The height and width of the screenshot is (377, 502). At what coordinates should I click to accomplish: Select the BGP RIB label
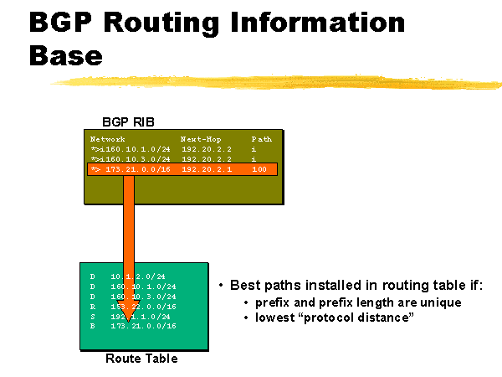tap(128, 121)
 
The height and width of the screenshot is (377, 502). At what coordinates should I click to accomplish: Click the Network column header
tap(108, 138)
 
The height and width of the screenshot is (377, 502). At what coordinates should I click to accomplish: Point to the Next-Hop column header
tap(199, 138)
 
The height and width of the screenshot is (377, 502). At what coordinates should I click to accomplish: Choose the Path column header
tap(262, 138)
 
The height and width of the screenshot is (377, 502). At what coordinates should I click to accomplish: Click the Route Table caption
tap(141, 359)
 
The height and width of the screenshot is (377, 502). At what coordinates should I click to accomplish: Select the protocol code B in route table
tap(93, 326)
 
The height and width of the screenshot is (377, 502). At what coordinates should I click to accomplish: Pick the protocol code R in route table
tap(93, 306)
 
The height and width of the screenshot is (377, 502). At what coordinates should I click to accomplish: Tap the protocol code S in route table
tap(93, 316)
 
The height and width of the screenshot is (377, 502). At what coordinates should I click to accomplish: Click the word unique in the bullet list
tap(440, 302)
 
